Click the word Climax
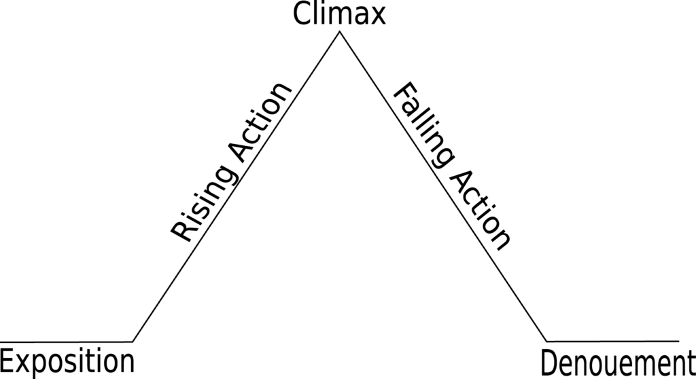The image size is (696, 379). [339, 14]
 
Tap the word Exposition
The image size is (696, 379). [67, 362]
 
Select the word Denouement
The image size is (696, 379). [618, 363]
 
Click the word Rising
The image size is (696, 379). [203, 206]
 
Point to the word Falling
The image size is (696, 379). [425, 126]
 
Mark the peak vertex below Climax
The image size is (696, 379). [340, 31]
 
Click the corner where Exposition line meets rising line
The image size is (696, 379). [133, 342]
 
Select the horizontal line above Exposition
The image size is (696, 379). [66, 342]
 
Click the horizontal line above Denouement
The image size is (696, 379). [613, 341]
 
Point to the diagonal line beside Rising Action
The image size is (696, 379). [236, 186]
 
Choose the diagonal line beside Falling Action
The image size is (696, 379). [443, 186]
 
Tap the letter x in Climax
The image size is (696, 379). [377, 17]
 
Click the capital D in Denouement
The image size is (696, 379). [549, 363]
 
